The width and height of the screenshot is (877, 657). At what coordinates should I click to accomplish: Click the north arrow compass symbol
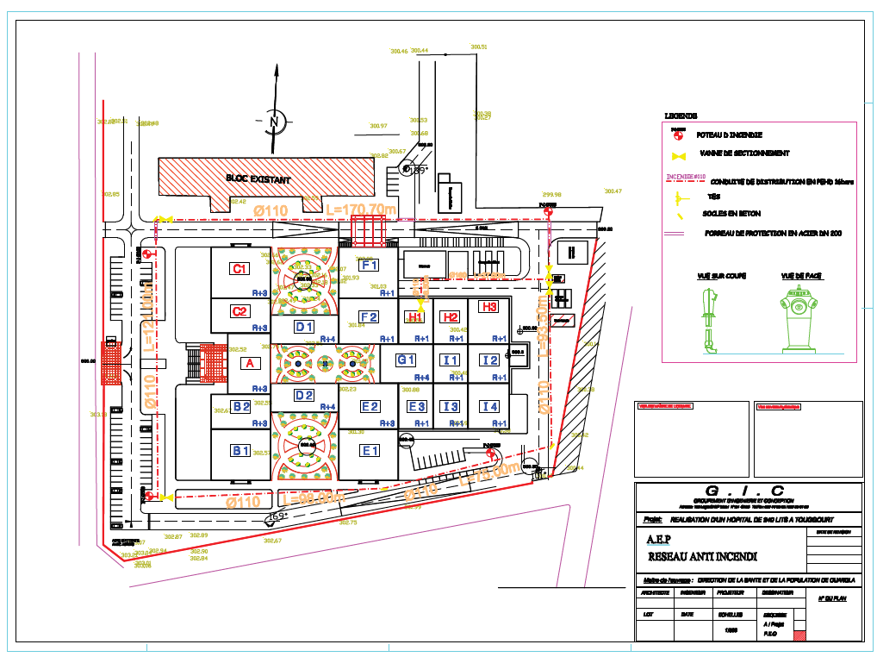click(274, 122)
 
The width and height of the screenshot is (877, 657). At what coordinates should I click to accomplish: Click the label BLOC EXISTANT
click(258, 179)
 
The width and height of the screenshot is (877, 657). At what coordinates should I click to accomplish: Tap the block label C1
click(239, 269)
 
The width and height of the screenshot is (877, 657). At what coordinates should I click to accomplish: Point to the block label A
click(251, 364)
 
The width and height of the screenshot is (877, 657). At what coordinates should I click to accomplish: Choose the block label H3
click(489, 307)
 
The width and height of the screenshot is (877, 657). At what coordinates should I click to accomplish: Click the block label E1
click(370, 451)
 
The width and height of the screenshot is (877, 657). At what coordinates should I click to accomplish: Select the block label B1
click(240, 450)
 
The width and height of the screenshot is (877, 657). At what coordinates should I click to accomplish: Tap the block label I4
click(490, 407)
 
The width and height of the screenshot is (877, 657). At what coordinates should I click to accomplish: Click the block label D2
click(304, 396)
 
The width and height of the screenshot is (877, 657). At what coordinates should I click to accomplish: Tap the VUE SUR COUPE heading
click(710, 276)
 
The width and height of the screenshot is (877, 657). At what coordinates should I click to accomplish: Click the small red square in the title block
click(799, 635)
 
